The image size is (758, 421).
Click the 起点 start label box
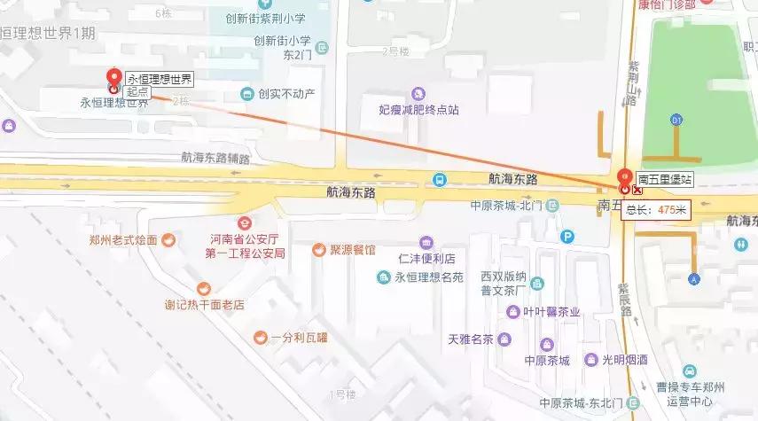point(137,91)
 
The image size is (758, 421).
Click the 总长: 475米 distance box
point(656,210)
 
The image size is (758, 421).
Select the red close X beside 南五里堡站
point(637,190)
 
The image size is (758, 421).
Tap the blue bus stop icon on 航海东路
point(439,179)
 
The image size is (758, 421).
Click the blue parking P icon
point(567,237)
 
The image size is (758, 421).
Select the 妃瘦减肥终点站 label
point(418,110)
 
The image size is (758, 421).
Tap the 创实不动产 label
point(285,94)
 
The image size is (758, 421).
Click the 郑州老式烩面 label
point(123,239)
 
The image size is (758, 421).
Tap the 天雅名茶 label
point(471,339)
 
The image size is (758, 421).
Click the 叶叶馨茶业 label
point(551,311)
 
